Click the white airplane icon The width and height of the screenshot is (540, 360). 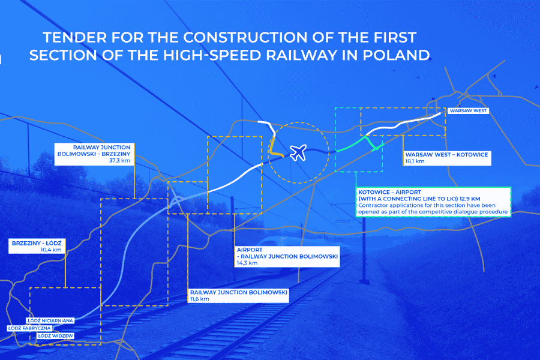tap(298, 152)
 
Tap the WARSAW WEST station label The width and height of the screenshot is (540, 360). tap(469, 111)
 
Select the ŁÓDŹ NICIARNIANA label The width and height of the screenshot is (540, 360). tap(50, 321)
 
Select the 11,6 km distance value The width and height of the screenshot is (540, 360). tap(200, 299)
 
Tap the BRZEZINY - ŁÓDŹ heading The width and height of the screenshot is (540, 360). tap(37, 242)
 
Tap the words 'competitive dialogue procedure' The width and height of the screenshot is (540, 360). tap(461, 212)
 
